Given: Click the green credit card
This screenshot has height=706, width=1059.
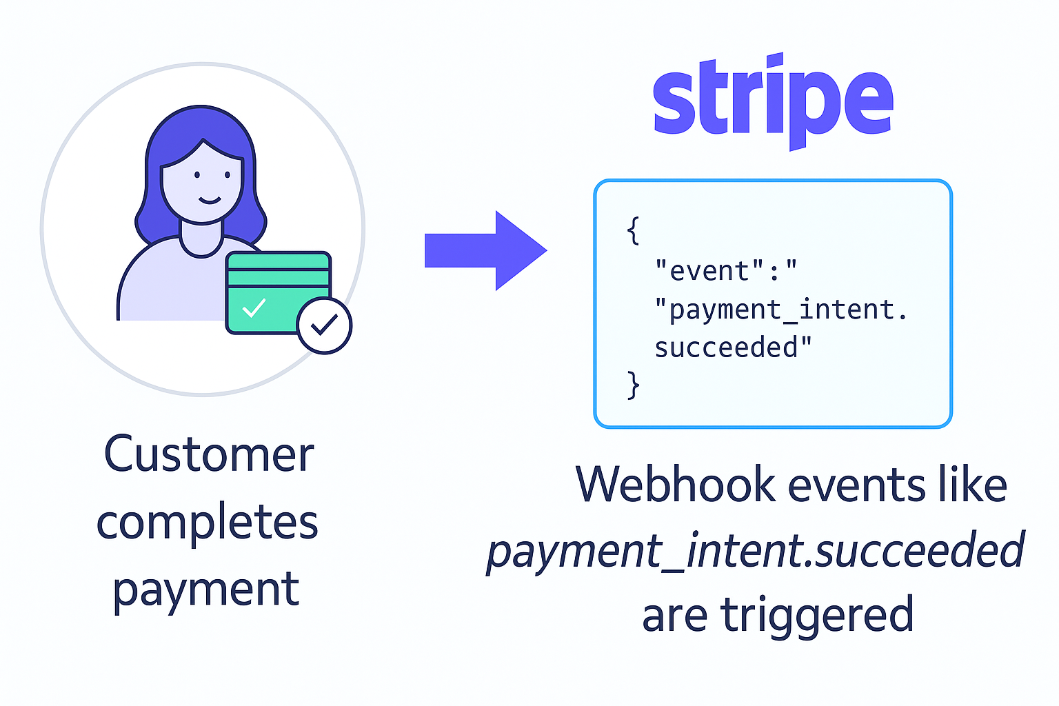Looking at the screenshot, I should [x=276, y=290].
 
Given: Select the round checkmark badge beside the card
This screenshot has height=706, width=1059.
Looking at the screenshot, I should [x=324, y=325].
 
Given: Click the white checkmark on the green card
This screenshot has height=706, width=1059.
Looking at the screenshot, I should [x=254, y=307].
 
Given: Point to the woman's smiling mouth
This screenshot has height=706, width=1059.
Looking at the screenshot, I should [x=210, y=201].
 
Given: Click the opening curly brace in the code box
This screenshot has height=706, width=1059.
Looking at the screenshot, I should [x=633, y=231].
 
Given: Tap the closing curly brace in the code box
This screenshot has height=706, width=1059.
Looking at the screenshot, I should [x=633, y=385].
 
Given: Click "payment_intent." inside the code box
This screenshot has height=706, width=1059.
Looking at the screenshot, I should [x=781, y=310].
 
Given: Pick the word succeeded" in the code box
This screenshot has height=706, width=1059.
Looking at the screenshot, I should [x=733, y=347].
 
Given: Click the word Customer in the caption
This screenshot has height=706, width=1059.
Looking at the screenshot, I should [x=209, y=455].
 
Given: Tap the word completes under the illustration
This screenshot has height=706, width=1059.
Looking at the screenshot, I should [x=207, y=523].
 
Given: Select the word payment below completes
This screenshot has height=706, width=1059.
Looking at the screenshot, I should [x=205, y=590].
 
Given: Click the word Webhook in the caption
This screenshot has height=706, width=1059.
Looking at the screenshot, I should [x=675, y=484].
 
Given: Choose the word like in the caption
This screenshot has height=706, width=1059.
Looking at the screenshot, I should [x=972, y=484].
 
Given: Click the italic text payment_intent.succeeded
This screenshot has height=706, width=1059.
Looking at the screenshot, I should [x=756, y=552].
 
